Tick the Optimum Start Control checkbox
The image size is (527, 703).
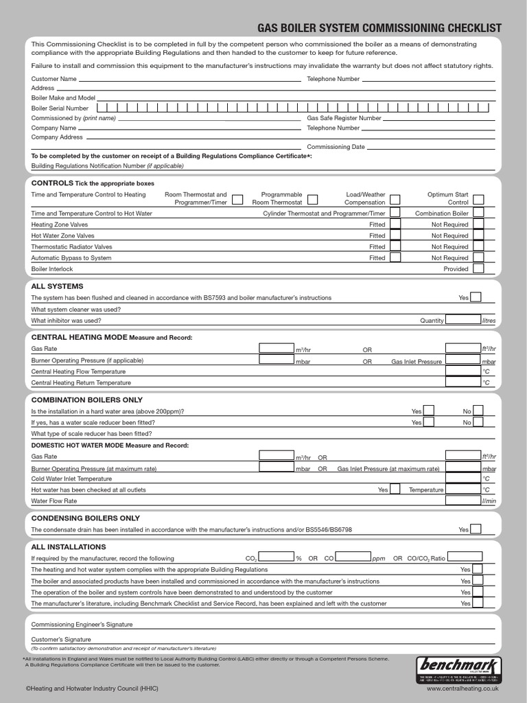coord(478,199)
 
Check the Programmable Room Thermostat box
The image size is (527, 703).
coord(312,199)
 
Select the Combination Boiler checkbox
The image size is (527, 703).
coord(478,213)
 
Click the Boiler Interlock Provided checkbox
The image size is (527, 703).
coord(478,268)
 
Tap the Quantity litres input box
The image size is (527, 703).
coord(462,320)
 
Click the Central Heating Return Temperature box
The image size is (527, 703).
coord(462,382)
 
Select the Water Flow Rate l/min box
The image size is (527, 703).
coord(462,500)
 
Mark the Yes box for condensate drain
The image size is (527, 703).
coord(476,529)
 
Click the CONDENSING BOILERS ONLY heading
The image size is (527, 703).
coord(86,518)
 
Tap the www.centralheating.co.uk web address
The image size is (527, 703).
coord(462,687)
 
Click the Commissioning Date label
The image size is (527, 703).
coord(336,147)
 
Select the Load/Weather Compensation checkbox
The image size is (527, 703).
coord(395,199)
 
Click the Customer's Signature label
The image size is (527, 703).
coord(61,639)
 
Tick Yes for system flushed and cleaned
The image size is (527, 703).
coord(476,297)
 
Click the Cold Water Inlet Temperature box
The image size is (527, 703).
coord(462,478)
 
